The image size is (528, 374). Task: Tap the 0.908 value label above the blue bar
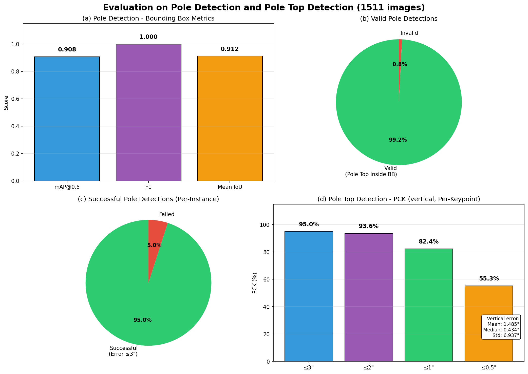67,50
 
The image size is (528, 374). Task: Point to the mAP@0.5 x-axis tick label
67,187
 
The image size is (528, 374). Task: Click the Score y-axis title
6,103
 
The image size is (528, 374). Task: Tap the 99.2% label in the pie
398,140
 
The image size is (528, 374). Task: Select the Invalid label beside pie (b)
409,33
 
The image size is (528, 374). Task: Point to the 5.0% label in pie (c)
154,245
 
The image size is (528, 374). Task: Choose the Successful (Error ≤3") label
123,351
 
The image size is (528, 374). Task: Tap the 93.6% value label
368,226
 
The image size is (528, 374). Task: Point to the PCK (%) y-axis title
255,283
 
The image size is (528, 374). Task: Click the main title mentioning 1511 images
264,8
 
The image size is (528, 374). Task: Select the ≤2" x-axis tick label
369,368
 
